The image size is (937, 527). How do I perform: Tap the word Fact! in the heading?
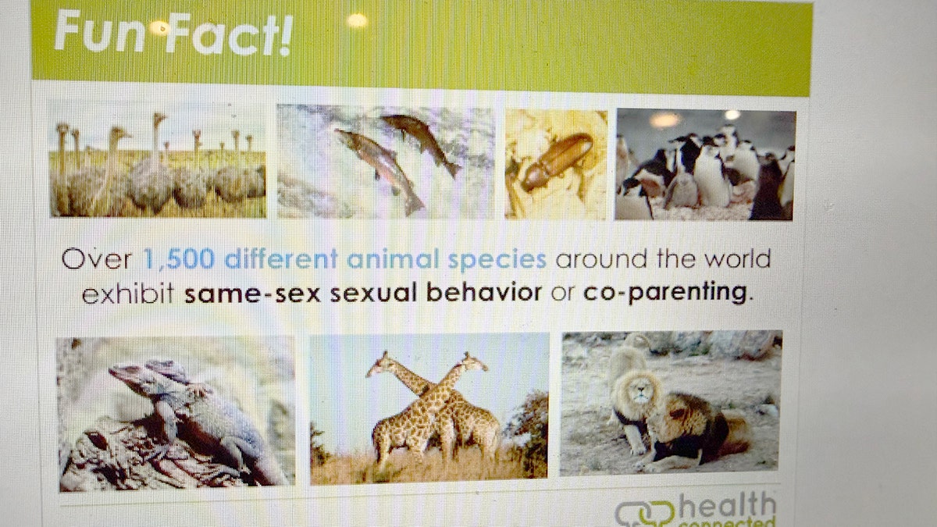(x=227, y=35)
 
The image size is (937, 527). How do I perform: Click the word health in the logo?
(x=726, y=506)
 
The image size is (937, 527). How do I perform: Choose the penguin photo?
(x=704, y=164)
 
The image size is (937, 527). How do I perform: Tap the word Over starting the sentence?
(x=97, y=258)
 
